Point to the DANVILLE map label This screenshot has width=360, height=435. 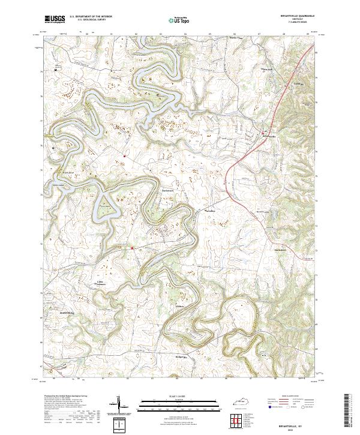70,314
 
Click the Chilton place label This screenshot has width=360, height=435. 178,307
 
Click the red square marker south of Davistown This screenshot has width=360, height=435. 131,247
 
